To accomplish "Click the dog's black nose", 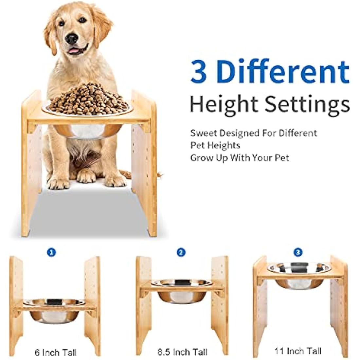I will pos(71,39).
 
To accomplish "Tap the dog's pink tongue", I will pos(75,51).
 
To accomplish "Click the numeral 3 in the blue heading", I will pos(199,71).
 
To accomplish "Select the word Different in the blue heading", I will pos(283,71).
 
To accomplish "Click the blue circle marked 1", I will pos(51,252).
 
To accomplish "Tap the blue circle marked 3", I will pos(298,252).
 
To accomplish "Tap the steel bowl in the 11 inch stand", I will pos(298,275).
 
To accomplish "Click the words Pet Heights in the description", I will pos(215,145).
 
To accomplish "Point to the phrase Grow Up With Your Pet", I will pos(240,158).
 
